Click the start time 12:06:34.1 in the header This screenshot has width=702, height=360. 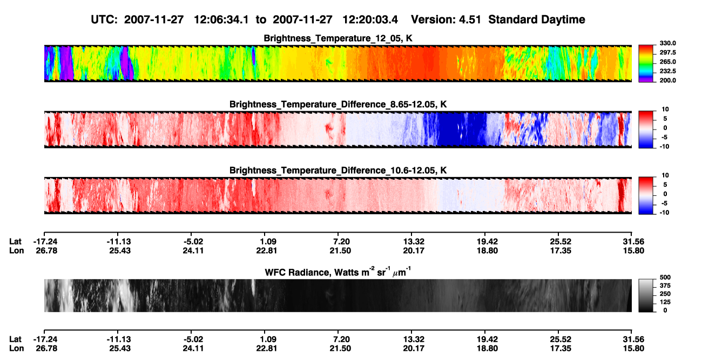click(x=221, y=20)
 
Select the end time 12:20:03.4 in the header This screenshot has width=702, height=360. click(x=370, y=20)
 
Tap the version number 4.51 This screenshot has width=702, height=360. click(x=470, y=20)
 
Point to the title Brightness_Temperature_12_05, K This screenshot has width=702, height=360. click(x=338, y=38)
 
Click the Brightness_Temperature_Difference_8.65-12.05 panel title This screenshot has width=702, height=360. click(x=338, y=104)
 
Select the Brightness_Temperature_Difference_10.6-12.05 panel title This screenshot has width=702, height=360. click(x=338, y=171)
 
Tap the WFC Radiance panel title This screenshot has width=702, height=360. click(x=338, y=272)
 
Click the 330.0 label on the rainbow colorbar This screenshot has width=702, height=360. click(x=667, y=43)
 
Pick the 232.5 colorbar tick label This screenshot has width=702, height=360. click(x=667, y=71)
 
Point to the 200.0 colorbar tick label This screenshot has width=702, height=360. click(x=667, y=80)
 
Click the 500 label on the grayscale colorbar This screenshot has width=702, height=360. click(x=665, y=277)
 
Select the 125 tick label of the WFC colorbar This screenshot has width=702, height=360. click(x=665, y=302)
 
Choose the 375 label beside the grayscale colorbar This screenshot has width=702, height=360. click(x=665, y=286)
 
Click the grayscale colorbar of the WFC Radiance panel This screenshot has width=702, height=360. click(x=646, y=295)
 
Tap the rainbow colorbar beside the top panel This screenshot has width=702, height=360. click(x=646, y=64)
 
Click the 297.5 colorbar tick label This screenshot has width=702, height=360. click(x=667, y=52)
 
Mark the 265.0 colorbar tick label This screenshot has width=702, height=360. click(x=667, y=62)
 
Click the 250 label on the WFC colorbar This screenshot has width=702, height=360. click(x=665, y=294)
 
